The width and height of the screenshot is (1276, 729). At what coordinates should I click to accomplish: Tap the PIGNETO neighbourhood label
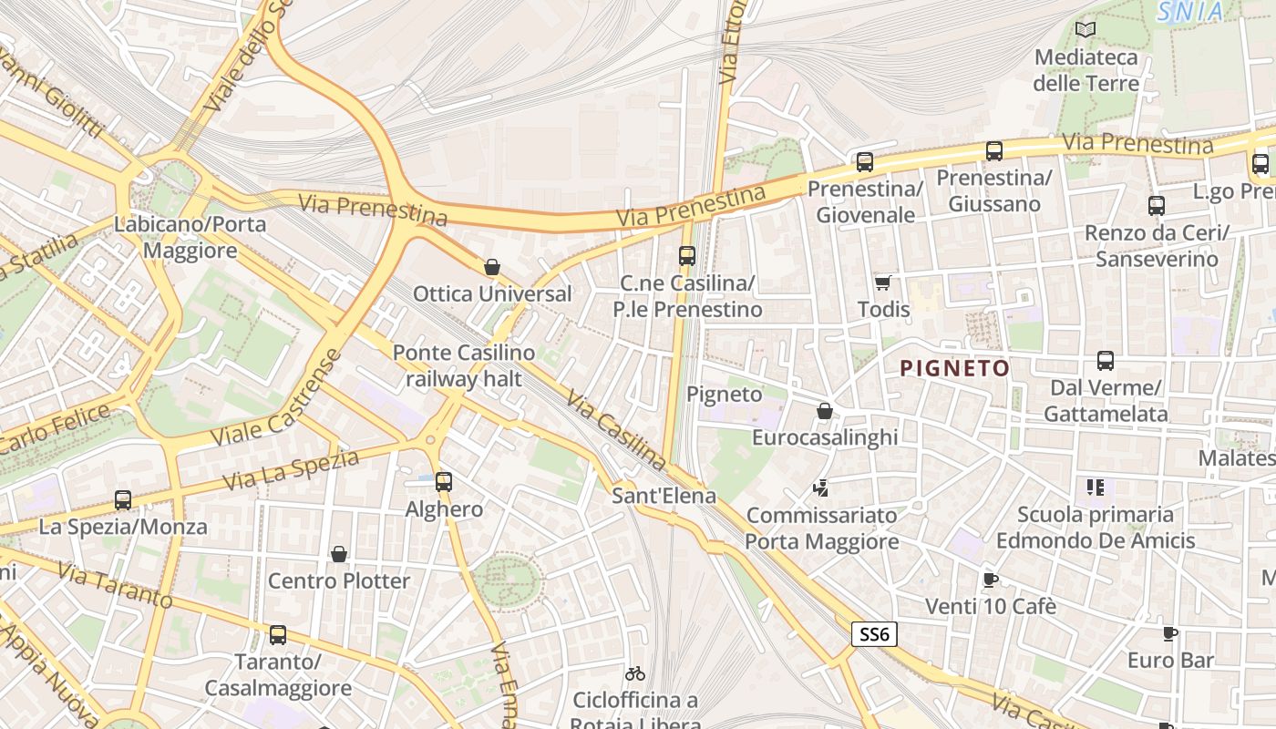click(954, 369)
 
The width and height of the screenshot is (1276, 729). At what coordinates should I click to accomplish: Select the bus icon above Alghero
click(444, 481)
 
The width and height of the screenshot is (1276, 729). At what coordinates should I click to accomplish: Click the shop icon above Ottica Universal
click(492, 267)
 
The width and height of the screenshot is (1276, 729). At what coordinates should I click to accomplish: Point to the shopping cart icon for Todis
click(882, 282)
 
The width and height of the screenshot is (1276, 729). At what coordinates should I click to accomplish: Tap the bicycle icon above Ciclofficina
click(635, 673)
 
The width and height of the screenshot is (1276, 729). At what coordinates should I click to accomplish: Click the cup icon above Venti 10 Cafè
click(990, 580)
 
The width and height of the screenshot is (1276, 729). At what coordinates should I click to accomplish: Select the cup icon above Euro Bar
click(1170, 633)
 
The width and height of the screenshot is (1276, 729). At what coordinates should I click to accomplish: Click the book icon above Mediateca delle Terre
click(1085, 30)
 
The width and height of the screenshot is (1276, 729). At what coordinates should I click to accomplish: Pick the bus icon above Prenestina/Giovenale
click(864, 162)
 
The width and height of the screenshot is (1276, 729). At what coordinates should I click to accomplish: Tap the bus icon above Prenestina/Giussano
click(993, 151)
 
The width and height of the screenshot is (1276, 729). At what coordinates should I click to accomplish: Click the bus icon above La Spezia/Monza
click(123, 499)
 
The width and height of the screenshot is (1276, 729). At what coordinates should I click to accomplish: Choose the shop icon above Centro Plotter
click(339, 553)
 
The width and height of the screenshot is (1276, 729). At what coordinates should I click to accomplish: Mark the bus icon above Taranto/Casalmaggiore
click(278, 634)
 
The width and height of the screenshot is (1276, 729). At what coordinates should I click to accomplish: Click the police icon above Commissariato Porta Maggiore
click(821, 488)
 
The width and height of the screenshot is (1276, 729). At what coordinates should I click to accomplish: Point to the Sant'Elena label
click(664, 497)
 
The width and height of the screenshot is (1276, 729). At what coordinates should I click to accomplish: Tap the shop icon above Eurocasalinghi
click(825, 411)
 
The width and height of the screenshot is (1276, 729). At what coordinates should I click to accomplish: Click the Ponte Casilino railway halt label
click(464, 365)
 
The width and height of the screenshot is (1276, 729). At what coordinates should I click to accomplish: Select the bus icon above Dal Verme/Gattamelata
click(1106, 361)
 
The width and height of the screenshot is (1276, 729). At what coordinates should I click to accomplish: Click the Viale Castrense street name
click(275, 398)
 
